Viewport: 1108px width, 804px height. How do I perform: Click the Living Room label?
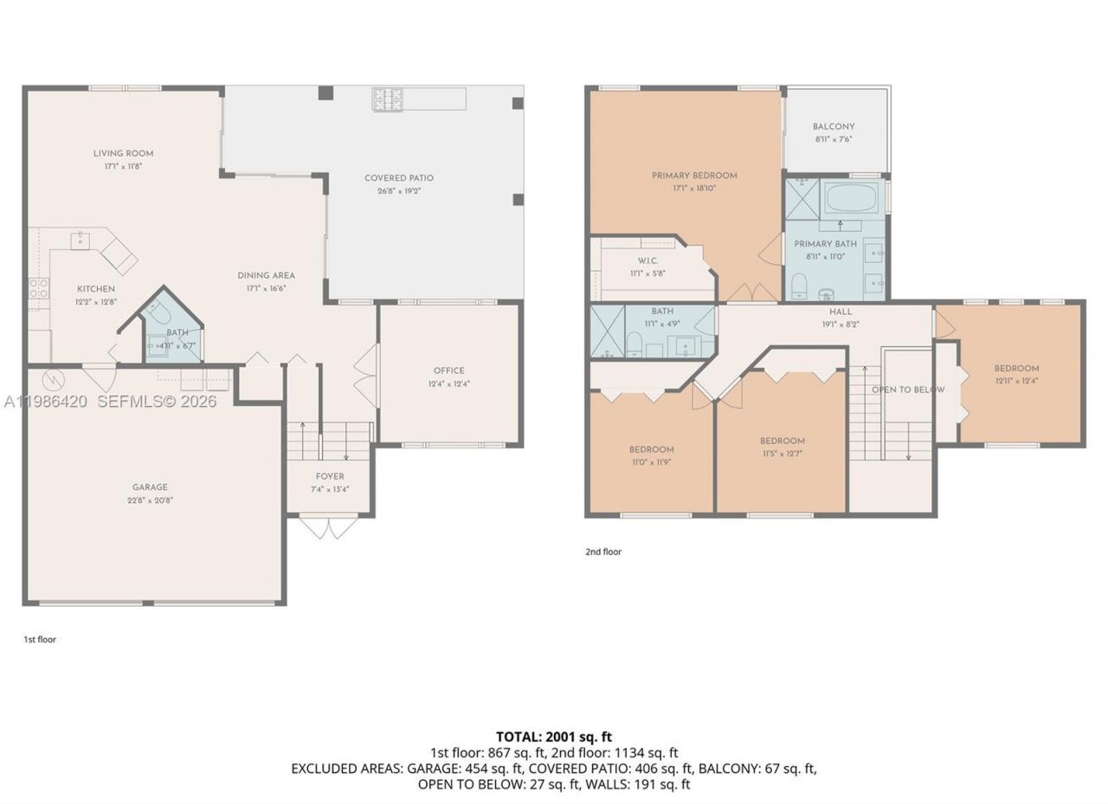[124, 154]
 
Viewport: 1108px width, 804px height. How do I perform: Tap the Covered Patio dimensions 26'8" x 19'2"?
[399, 191]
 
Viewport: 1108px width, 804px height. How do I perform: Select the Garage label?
[150, 487]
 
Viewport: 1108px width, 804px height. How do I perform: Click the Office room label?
[449, 371]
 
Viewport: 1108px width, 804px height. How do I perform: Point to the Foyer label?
[330, 477]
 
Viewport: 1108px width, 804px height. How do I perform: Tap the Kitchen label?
[96, 289]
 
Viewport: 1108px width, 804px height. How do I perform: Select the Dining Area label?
[267, 276]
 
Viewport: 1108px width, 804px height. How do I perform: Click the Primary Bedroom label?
[694, 176]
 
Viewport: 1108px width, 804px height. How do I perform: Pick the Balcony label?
[834, 127]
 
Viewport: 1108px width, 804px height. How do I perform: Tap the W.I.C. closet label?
[649, 260]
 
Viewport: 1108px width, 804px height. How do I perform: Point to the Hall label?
[840, 312]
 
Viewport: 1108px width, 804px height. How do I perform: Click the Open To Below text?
[908, 390]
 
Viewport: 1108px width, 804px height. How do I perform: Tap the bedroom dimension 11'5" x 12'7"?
[782, 453]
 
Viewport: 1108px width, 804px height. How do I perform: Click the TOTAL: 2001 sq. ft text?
[554, 737]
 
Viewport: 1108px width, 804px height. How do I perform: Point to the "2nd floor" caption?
[603, 552]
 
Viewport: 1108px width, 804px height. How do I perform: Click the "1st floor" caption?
[40, 640]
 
